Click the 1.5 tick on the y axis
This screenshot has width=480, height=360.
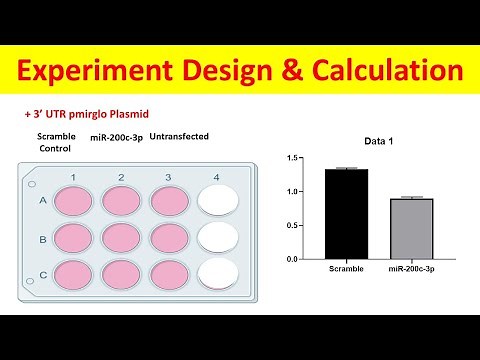tap(293, 158)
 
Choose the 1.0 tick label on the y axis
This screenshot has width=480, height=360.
tap(293, 191)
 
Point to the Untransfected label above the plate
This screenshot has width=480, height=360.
tap(178, 135)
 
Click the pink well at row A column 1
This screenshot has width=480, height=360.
tap(73, 201)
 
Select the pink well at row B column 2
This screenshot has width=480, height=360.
tap(121, 237)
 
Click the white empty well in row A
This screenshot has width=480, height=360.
tap(217, 201)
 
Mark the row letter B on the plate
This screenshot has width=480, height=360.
tap(42, 240)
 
